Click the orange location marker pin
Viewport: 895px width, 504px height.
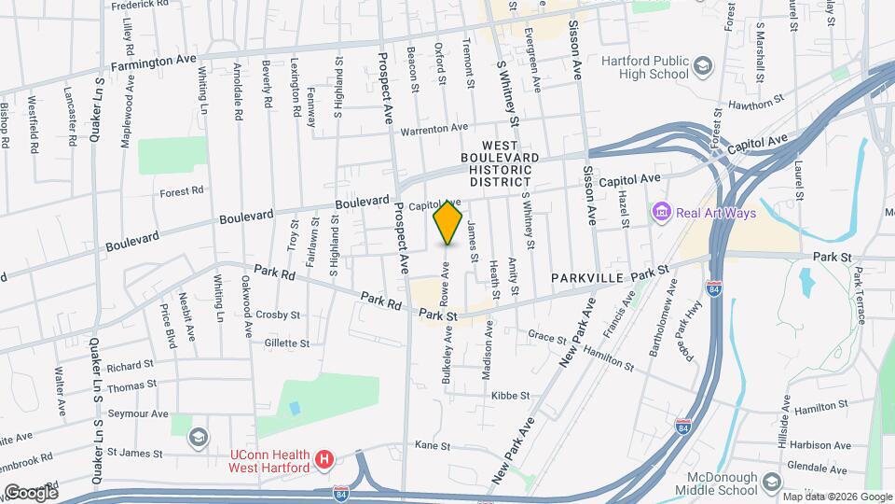point(448,221)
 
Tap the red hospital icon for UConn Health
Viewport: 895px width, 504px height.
point(324,459)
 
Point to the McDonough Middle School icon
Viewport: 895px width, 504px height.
point(771,482)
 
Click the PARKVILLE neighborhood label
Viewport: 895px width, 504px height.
point(586,278)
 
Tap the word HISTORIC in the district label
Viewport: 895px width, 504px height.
point(500,170)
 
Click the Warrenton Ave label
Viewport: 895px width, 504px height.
point(434,128)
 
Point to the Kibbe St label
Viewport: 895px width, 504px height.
point(511,396)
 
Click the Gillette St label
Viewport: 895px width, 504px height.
point(286,343)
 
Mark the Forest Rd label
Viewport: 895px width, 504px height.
point(181,192)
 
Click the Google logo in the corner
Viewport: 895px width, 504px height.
point(30,492)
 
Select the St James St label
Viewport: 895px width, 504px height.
point(135,454)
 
